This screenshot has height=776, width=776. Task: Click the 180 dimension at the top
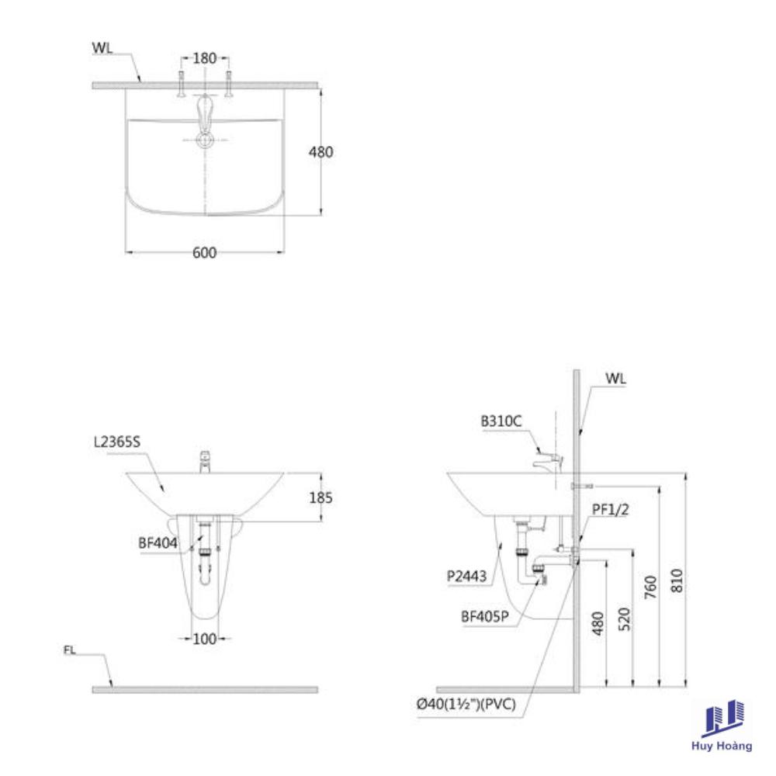(204, 58)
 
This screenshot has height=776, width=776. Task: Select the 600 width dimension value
(204, 253)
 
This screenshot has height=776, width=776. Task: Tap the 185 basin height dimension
(320, 497)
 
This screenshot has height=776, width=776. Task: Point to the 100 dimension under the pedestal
(204, 639)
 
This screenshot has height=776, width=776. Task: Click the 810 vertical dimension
(677, 580)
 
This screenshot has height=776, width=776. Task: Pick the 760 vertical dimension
(650, 587)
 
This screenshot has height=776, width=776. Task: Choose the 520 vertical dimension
(624, 619)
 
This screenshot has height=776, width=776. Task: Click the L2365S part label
(117, 442)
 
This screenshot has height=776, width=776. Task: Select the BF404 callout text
(158, 543)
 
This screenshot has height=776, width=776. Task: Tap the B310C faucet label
(501, 421)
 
